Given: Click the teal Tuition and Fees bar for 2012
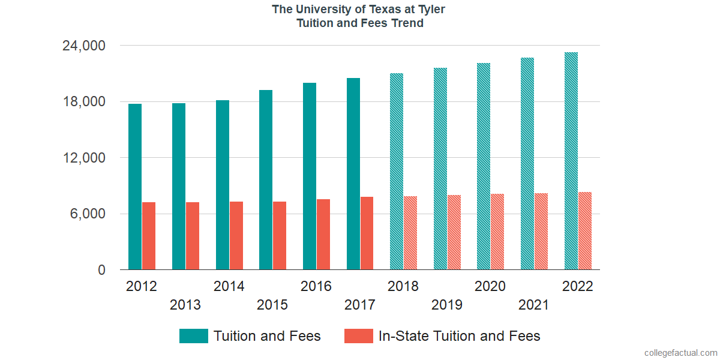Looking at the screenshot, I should tap(135, 187).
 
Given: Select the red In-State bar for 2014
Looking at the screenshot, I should tap(236, 236).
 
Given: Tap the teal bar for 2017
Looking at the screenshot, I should tap(353, 174).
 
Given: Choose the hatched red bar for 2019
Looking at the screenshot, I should tap(454, 232).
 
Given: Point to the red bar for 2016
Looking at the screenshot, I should tap(323, 235).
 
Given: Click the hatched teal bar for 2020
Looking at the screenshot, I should tap(484, 166).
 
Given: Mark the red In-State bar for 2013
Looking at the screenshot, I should tap(193, 236).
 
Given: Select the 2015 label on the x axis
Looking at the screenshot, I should tap(272, 305).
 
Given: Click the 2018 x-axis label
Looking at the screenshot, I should tap(403, 286).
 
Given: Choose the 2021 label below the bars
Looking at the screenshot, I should tap(534, 305).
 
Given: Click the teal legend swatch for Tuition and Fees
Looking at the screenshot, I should tap(194, 336).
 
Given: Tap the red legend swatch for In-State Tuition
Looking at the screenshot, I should tap(359, 336).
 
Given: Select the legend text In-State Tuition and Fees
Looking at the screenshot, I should tap(460, 336).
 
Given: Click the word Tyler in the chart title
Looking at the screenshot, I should tap(430, 10).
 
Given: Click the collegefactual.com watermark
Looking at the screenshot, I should tap(680, 353).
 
